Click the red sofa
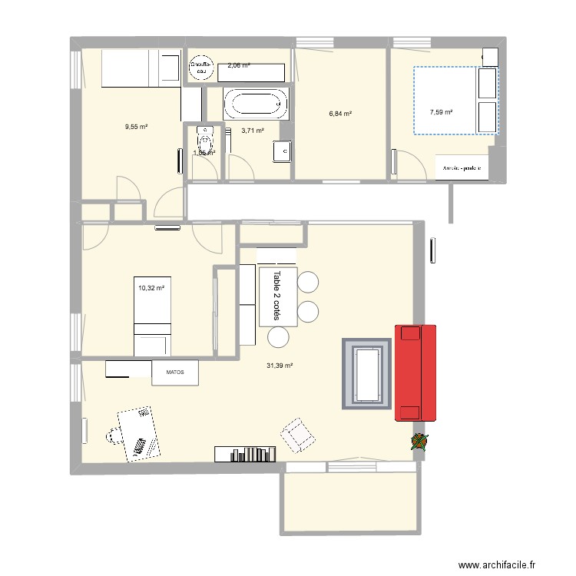point(415,372)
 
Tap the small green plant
point(420,442)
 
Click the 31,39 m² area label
point(280,366)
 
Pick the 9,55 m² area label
point(137,127)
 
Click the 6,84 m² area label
point(340,114)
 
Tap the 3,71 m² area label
point(253,131)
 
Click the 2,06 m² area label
point(239,65)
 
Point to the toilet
point(204,141)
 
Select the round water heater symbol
point(202,68)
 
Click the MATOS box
point(175,373)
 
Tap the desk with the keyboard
point(140,433)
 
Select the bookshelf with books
point(245,454)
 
